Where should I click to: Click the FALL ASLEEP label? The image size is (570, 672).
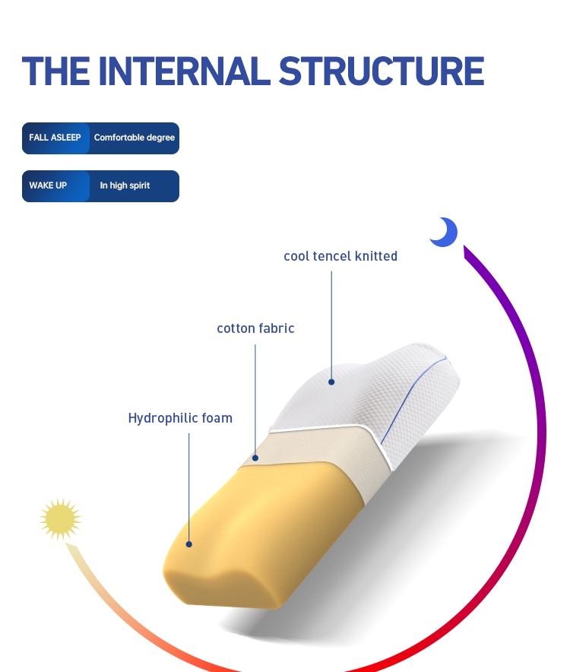pyautogui.click(x=55, y=138)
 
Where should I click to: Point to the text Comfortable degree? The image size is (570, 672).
pyautogui.click(x=135, y=138)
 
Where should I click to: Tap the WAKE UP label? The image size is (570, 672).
pyautogui.click(x=48, y=185)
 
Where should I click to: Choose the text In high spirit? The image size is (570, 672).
pyautogui.click(x=125, y=185)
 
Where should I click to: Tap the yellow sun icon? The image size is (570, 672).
pyautogui.click(x=60, y=519)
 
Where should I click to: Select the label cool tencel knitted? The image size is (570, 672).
pyautogui.click(x=340, y=256)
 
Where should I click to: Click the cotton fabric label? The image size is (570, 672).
pyautogui.click(x=255, y=328)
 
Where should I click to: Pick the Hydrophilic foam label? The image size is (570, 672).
pyautogui.click(x=180, y=418)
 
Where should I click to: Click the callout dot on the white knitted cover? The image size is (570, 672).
pyautogui.click(x=331, y=382)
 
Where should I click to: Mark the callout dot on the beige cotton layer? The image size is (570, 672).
pyautogui.click(x=256, y=458)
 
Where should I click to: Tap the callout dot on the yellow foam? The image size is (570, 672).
pyautogui.click(x=189, y=544)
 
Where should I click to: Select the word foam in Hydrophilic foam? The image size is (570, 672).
pyautogui.click(x=217, y=418)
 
